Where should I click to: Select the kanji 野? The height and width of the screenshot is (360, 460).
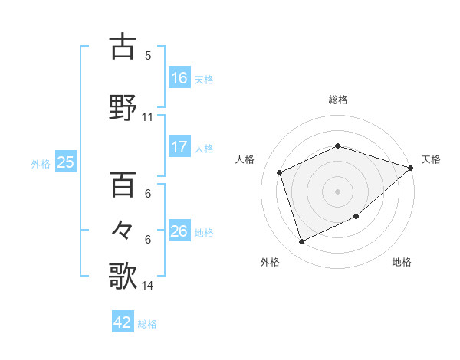point(123,107)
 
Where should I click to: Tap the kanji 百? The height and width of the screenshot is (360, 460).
point(123,185)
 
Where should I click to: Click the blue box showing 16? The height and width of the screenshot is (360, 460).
point(179,77)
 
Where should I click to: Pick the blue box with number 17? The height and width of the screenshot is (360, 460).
point(179,147)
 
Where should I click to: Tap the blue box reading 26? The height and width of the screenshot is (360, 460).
point(179,231)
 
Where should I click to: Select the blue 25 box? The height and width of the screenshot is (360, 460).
point(65,162)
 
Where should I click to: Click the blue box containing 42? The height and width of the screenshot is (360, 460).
point(123,322)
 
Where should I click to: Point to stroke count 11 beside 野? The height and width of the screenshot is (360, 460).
point(147,117)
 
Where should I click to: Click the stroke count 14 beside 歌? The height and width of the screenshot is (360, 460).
point(147,286)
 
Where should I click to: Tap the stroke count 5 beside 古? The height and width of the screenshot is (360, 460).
point(148,56)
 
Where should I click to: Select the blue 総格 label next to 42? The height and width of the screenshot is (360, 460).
point(147,324)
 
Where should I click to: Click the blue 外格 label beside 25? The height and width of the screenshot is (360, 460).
point(41,163)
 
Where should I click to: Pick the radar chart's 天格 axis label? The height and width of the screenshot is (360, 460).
point(431,159)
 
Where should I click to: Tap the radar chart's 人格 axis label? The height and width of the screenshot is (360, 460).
point(245,159)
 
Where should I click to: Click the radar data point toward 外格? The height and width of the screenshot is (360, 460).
point(301,242)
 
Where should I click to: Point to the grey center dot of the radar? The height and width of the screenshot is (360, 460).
point(338,191)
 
